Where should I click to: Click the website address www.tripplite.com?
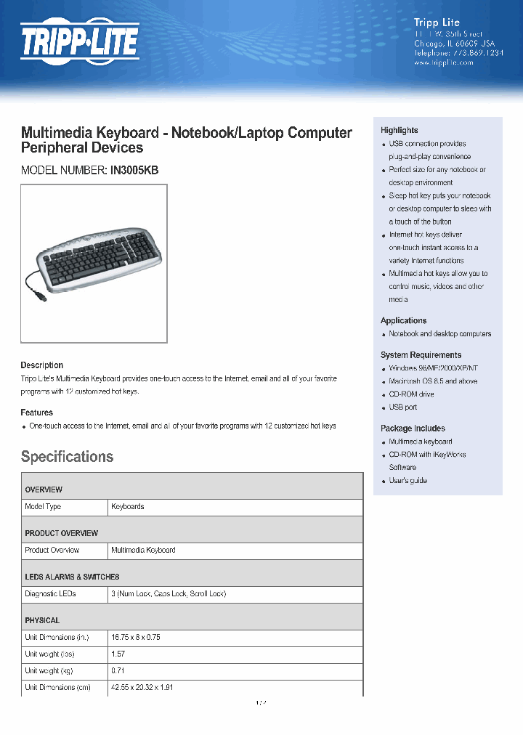coord(443,62)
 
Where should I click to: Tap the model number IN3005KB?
coord(134,171)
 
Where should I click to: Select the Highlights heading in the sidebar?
coord(399,130)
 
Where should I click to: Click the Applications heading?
coord(403,320)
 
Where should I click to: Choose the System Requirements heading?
coord(421,355)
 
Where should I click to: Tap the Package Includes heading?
coord(413,429)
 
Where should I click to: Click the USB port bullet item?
coord(402,407)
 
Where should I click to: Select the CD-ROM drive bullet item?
coord(411,394)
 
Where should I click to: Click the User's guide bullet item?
coord(408,481)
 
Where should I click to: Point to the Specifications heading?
coord(67,457)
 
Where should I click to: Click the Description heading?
coord(41,365)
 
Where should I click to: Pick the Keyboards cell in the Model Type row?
coord(127,507)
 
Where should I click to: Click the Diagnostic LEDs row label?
coord(50,594)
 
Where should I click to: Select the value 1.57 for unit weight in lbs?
coord(118,654)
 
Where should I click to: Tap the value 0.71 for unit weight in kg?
coord(118,671)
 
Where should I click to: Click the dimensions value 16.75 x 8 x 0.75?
coord(135,638)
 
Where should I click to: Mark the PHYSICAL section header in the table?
coord(42,620)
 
